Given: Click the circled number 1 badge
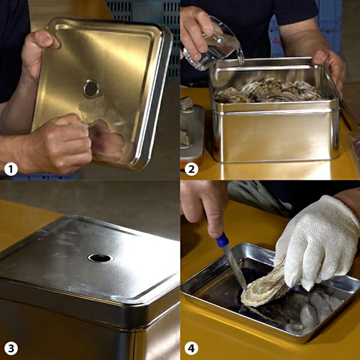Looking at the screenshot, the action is [11, 169].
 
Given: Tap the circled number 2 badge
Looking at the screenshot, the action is [191, 169].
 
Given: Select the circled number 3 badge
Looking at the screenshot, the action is [11, 348].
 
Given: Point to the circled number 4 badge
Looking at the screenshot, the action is [191, 348].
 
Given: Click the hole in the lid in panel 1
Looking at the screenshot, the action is [91, 88].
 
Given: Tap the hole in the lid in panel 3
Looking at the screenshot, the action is [100, 258].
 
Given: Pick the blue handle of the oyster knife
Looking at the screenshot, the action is [222, 240].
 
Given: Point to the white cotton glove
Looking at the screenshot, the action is [317, 241].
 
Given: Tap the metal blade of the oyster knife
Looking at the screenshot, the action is [235, 268].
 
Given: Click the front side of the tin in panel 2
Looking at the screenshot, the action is [275, 136].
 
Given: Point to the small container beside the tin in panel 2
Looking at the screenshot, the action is [192, 131].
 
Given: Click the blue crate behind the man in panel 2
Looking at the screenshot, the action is [328, 30].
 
